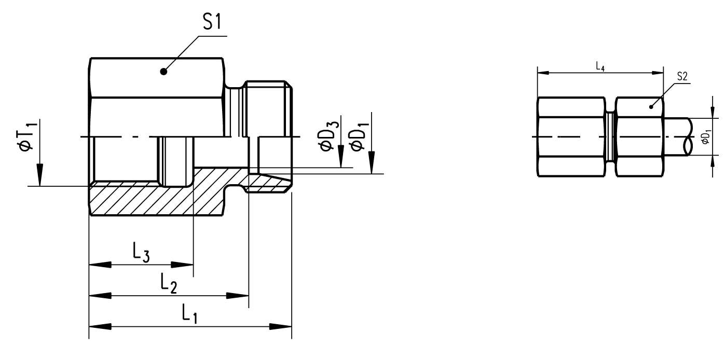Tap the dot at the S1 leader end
[x=164, y=72]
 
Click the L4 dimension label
[x=600, y=66]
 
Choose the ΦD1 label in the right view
[x=704, y=139]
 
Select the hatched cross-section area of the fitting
[x=156, y=200]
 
